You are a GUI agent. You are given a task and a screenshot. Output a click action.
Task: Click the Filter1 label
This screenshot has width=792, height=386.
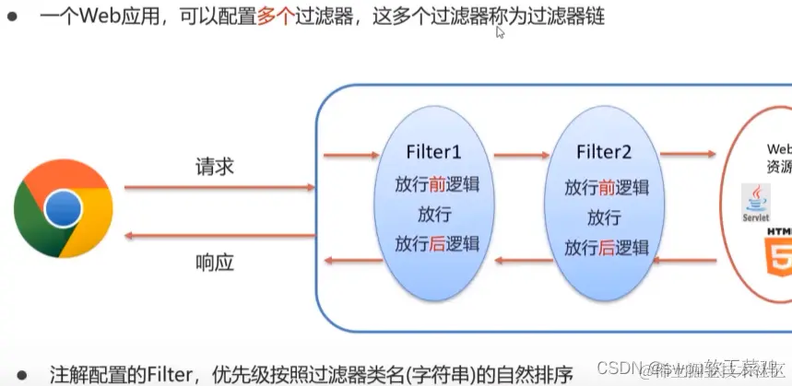tap(433, 152)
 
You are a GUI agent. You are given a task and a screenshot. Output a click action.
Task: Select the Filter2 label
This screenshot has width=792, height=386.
tap(605, 152)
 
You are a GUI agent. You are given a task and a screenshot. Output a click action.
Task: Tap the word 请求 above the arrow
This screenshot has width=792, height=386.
tap(215, 167)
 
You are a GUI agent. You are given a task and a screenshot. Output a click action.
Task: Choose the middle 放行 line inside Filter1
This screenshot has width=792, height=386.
tap(434, 215)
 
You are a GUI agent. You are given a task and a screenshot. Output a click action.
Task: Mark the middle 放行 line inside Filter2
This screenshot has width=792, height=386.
tap(604, 218)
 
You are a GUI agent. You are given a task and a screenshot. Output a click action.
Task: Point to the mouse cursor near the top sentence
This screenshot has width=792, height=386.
tap(500, 32)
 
